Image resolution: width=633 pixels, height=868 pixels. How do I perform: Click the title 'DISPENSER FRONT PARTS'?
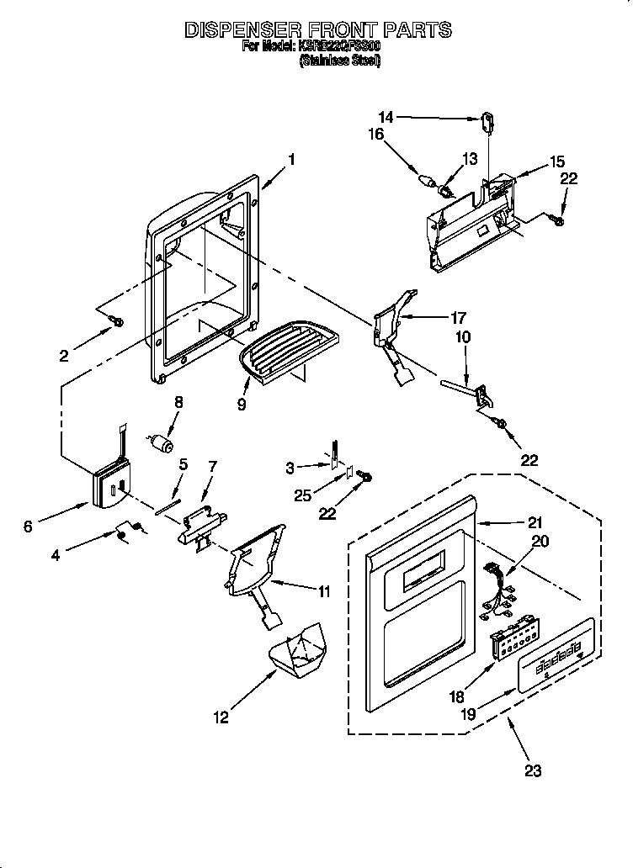tap(317, 30)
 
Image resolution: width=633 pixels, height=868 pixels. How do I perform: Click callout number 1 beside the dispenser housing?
tap(291, 159)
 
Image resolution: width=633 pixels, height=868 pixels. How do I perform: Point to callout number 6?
tap(29, 527)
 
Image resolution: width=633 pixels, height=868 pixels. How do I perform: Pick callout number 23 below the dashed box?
tap(533, 769)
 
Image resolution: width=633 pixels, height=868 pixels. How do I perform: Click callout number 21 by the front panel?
tap(535, 521)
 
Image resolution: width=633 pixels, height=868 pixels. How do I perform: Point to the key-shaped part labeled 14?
tap(488, 122)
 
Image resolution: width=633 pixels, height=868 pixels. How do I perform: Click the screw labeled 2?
tap(118, 321)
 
